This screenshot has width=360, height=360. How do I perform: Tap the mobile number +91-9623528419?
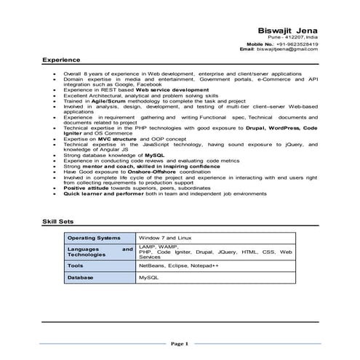(299, 44)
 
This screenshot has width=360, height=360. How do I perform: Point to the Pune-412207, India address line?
(293, 37)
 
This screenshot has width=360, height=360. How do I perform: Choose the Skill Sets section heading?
(57, 221)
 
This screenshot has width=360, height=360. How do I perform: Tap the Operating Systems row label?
(94, 238)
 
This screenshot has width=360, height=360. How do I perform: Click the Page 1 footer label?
(180, 343)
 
